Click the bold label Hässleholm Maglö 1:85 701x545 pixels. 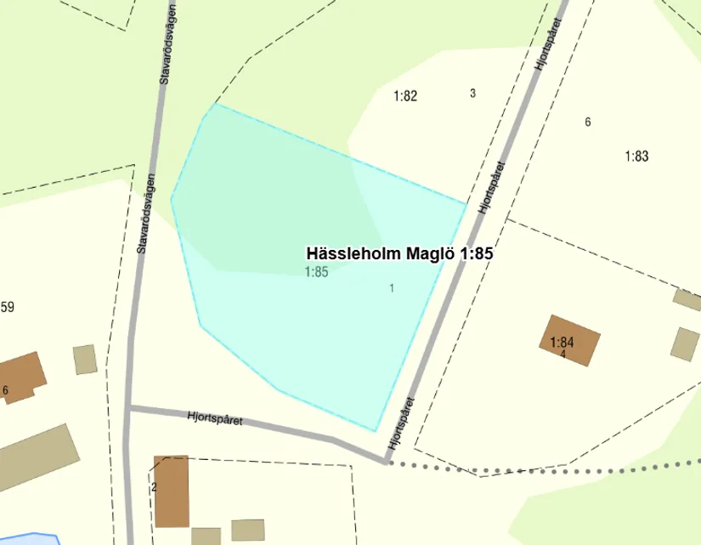(399, 253)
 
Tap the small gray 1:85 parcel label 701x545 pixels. (316, 272)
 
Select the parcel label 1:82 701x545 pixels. (405, 96)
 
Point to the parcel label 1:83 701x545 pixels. (636, 156)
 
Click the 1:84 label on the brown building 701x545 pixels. (562, 343)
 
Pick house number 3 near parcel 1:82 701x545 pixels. (472, 93)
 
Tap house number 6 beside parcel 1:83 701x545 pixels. (587, 122)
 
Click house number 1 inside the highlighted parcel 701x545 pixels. (392, 288)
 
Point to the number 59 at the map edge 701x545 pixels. (8, 307)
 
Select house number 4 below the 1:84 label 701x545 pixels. (563, 354)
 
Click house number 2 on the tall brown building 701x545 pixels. (154, 487)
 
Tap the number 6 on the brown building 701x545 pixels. (5, 390)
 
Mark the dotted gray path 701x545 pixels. (544, 467)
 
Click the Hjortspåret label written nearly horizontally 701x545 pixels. (214, 418)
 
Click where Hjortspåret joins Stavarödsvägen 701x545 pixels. (130, 409)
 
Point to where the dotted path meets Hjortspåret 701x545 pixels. (388, 462)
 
